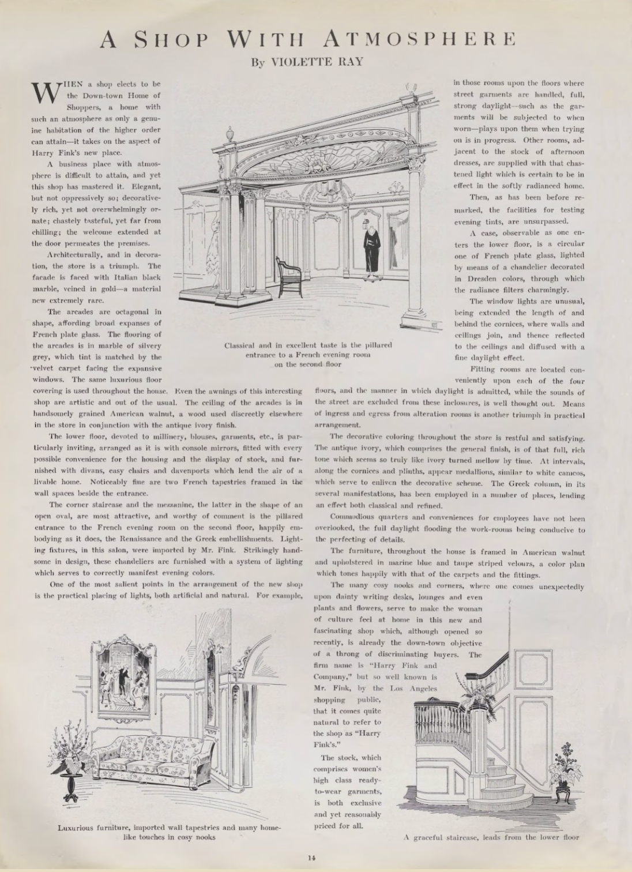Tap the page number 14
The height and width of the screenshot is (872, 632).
pos(311,857)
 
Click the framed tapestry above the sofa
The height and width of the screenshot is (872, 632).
pos(124,675)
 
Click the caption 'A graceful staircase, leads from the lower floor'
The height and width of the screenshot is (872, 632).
pos(490,837)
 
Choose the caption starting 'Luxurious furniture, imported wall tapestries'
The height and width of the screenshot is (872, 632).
pos(170,832)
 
